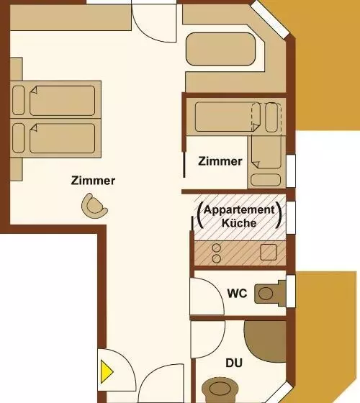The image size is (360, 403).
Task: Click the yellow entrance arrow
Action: coord(107,371)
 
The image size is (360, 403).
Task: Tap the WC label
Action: coord(237,294)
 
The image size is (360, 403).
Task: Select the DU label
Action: coord(234,363)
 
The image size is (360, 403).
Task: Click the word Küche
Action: coord(239,223)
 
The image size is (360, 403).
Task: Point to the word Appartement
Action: coord(239,209)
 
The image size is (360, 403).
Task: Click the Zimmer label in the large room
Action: coord(93,181)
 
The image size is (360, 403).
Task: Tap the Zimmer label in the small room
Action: coord(220,161)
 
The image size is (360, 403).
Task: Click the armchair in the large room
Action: coord(94,206)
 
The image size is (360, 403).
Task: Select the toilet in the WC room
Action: coord(270,294)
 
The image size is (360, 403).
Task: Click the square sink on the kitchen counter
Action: coord(268,252)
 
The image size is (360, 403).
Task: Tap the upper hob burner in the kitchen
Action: coord(217,248)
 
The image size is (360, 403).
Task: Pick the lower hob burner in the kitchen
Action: coord(217,258)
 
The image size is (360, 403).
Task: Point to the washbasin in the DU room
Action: coord(220,389)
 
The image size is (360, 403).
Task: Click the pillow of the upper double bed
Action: coord(18,100)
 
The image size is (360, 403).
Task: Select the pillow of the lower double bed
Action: coord(18,138)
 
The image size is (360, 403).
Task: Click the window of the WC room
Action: coord(291,291)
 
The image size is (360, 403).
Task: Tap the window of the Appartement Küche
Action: coord(291,217)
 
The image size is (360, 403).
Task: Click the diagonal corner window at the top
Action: coord(270,19)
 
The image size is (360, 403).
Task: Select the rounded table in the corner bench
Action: coord(220,49)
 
